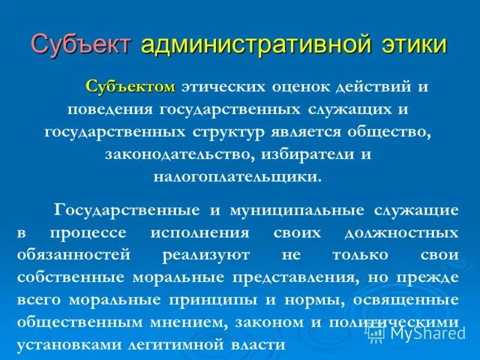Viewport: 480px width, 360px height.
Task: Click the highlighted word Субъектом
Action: (131, 87)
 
